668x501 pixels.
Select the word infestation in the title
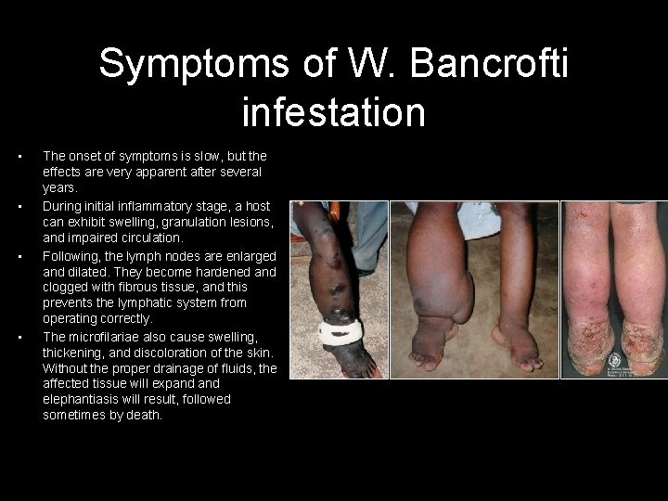click(333, 112)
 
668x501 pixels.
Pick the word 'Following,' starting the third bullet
click(71, 255)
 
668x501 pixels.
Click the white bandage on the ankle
click(339, 330)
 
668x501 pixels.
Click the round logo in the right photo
click(614, 359)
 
